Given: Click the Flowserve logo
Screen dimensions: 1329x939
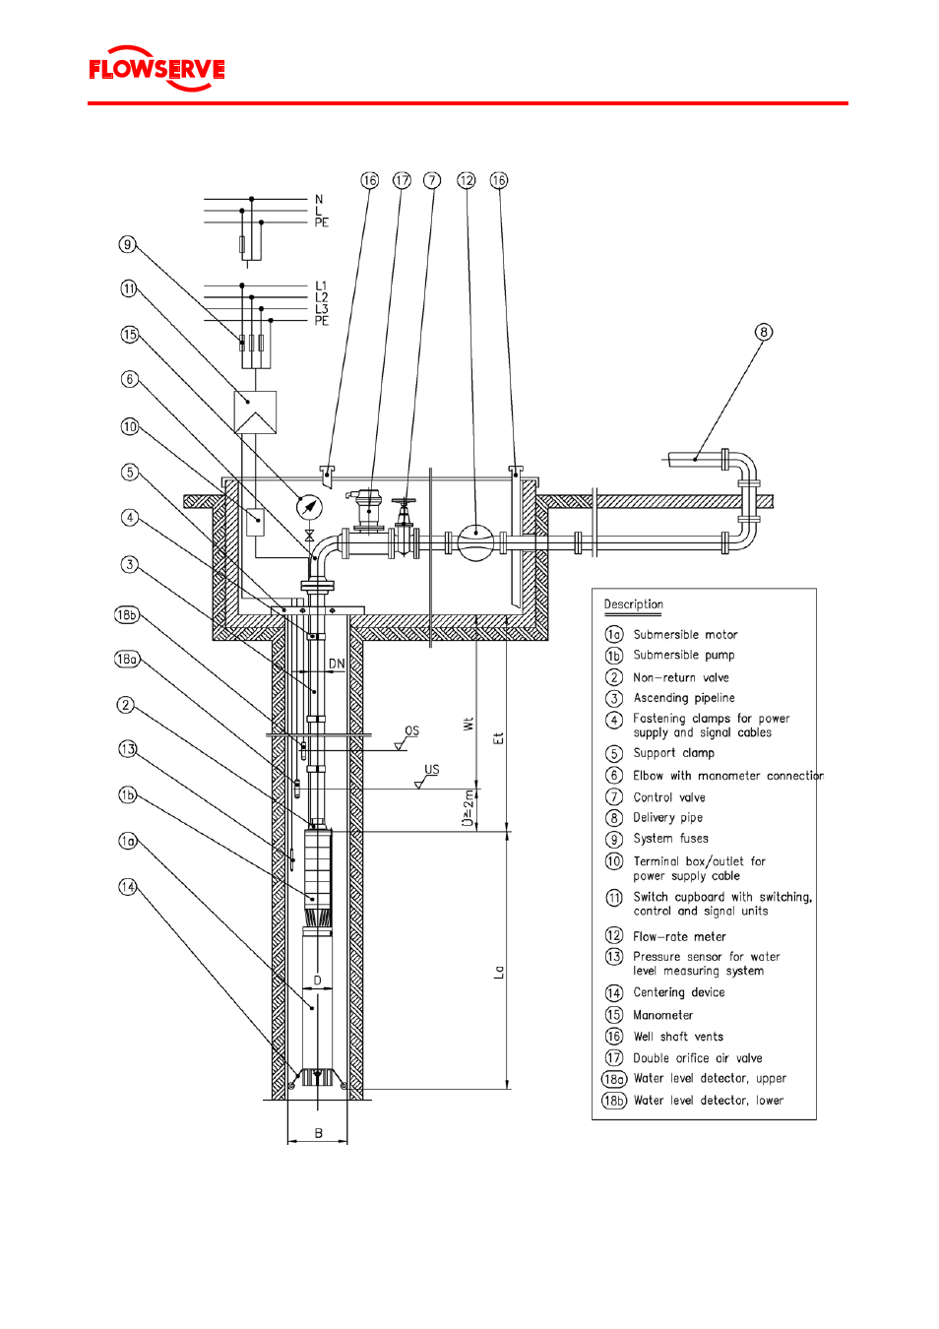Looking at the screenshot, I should click(x=156, y=69).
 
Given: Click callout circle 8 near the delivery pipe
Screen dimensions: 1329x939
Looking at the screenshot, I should click(x=764, y=332).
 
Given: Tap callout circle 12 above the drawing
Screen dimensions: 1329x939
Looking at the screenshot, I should click(x=467, y=180).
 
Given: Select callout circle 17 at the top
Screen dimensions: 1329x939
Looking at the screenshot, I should click(x=402, y=180).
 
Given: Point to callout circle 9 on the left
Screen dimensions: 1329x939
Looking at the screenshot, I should click(x=127, y=244).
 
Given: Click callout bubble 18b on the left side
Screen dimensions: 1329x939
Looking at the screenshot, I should click(x=127, y=615).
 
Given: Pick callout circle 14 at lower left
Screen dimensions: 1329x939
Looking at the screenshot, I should click(x=127, y=887).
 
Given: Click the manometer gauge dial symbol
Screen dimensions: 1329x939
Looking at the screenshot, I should click(x=309, y=507).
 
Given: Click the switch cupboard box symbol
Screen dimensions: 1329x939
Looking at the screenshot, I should click(x=255, y=412).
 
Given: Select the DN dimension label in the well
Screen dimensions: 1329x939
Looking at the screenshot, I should click(x=337, y=664).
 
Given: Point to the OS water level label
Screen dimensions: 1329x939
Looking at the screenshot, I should click(x=411, y=731).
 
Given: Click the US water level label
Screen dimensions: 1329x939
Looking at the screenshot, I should click(x=432, y=770).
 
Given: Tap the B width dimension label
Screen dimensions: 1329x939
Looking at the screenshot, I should click(x=318, y=1134).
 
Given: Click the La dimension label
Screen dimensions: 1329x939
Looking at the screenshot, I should click(x=499, y=972).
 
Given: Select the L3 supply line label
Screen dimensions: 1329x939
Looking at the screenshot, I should click(x=321, y=309).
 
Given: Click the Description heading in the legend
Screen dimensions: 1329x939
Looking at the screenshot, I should click(x=633, y=604).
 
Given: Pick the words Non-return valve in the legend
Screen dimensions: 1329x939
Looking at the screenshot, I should click(x=681, y=678).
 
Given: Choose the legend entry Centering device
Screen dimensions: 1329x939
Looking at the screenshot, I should click(x=679, y=993).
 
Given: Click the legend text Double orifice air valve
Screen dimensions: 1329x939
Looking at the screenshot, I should click(x=698, y=1059).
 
